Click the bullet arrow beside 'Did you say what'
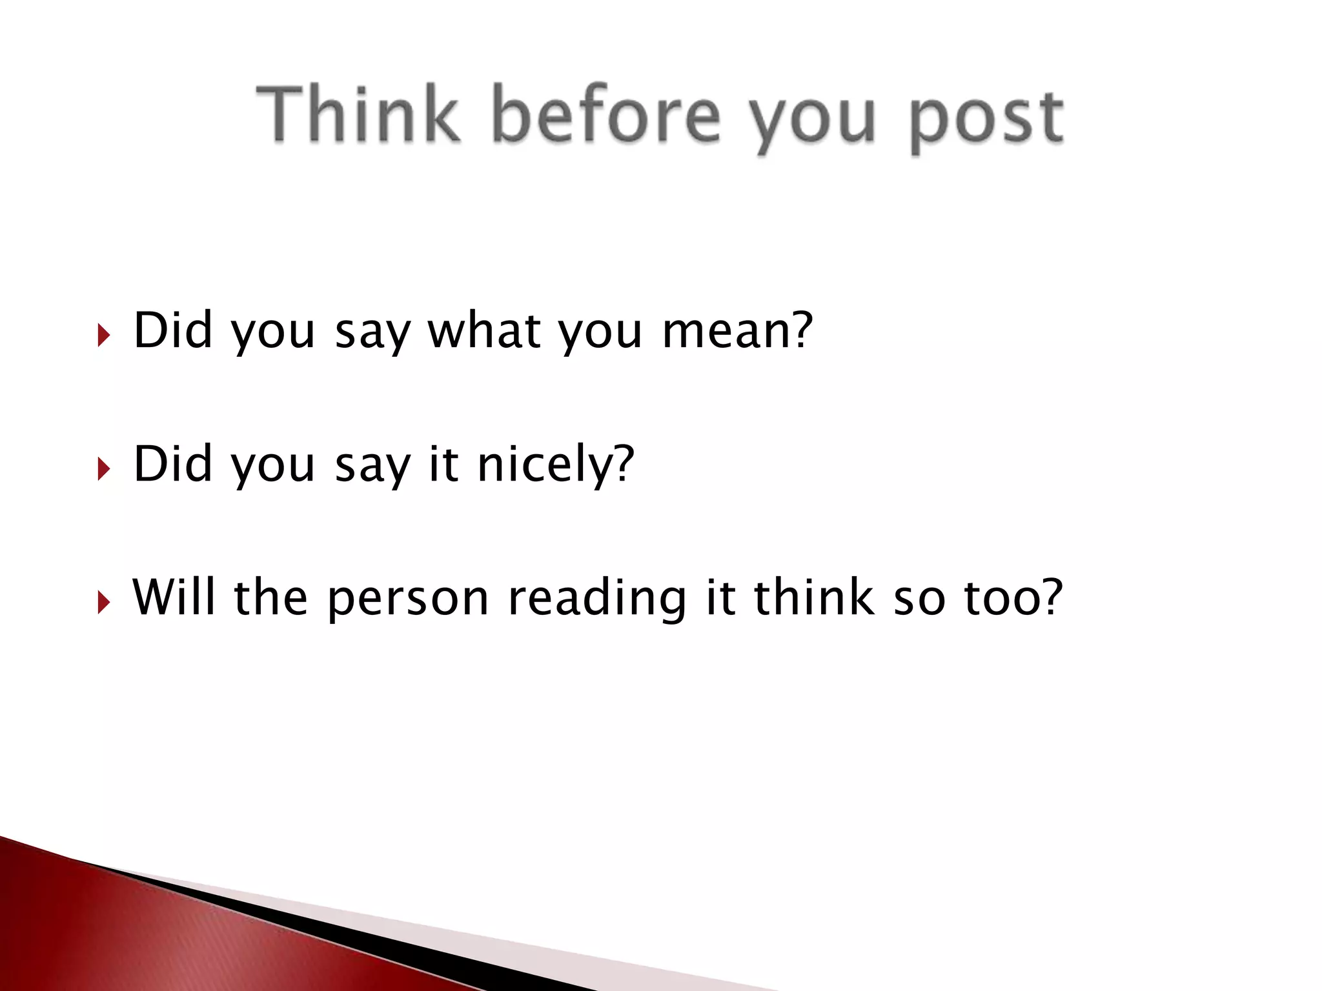coord(103,335)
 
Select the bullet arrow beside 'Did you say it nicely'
coord(103,469)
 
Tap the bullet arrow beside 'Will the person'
coord(103,603)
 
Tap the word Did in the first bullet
coord(173,330)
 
